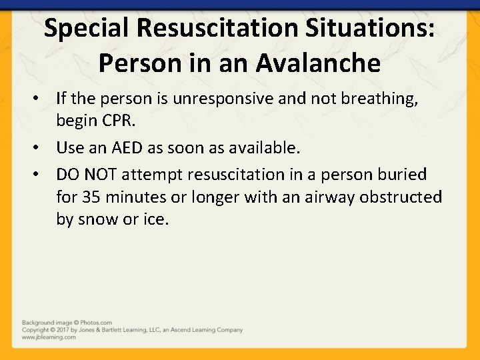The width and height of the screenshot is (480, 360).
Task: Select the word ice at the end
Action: (x=155, y=219)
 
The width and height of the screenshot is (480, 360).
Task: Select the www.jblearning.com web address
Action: (x=49, y=337)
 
